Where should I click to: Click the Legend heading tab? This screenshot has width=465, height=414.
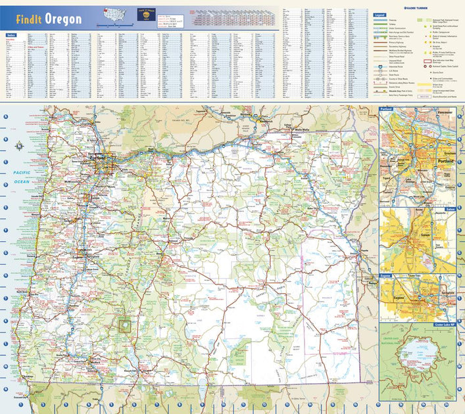379,14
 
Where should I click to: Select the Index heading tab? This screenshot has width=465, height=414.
11,34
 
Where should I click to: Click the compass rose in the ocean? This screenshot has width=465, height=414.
20,146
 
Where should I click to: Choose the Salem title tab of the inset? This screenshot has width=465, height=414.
450,209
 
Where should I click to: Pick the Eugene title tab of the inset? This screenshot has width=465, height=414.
386,276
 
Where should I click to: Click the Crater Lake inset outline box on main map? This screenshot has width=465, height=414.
124,323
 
